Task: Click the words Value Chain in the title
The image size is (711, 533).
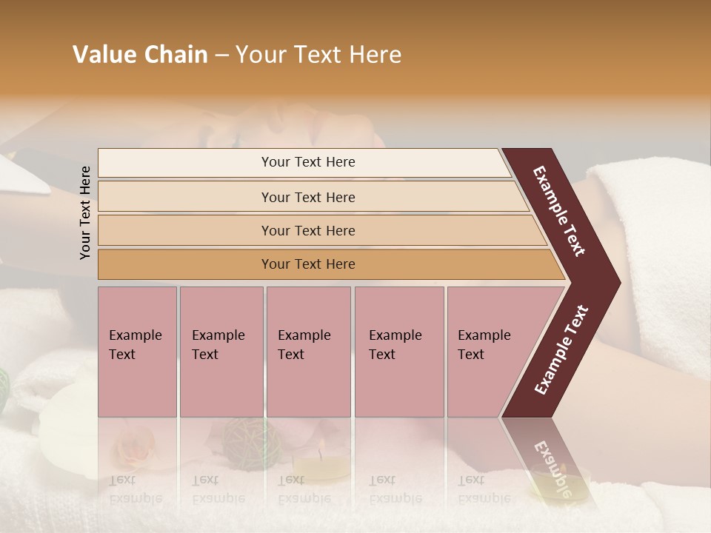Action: (140, 55)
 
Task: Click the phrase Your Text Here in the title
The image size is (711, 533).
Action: (318, 55)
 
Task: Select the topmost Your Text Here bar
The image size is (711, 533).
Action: (307, 162)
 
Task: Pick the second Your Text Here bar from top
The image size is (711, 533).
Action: (307, 197)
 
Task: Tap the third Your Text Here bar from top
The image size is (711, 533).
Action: (307, 231)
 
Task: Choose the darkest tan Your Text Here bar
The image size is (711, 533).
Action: (307, 264)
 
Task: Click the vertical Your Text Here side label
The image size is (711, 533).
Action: (86, 212)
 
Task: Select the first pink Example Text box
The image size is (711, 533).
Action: (137, 352)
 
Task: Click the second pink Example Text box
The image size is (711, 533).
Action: (221, 352)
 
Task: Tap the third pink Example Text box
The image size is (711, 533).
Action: (308, 352)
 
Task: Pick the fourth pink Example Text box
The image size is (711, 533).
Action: (398, 352)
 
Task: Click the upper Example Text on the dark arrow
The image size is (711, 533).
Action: (560, 211)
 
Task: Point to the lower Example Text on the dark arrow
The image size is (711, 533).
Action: (561, 349)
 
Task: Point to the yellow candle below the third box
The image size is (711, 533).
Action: (327, 466)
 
